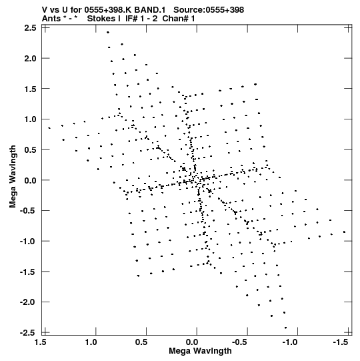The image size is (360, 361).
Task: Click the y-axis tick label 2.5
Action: coord(31,28)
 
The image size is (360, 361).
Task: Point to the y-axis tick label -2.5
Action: coord(28,333)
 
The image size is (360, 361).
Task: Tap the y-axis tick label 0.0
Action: coord(31,180)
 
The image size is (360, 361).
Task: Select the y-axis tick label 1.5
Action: coord(31,89)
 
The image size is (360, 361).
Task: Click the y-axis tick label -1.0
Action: coord(28,242)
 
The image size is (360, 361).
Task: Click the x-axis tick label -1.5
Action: coord(341,342)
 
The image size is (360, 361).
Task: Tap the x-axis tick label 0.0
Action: coord(193,342)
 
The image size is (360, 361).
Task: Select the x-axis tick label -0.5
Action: coord(239,342)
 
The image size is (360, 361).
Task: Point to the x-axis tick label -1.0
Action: coord(290,342)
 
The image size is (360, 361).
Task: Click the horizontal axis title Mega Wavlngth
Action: coord(200,351)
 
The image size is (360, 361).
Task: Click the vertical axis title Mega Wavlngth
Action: coord(13,177)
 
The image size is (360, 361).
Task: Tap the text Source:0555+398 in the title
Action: coord(209,10)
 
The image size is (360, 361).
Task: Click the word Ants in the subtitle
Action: coord(51,19)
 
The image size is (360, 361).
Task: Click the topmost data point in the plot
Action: coord(107,33)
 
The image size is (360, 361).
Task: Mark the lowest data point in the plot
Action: coord(285,328)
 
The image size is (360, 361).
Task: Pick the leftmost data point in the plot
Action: coord(49,128)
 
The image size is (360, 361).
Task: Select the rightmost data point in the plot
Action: coord(344,232)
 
